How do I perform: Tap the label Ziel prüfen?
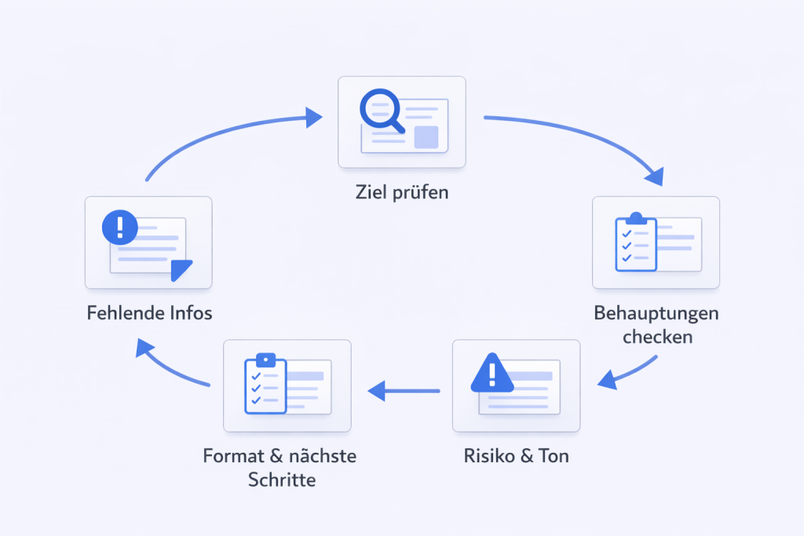pos(401,191)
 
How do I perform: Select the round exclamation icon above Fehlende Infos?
pos(120,228)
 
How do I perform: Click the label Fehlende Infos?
pos(148,313)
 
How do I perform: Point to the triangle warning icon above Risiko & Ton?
pos(492,373)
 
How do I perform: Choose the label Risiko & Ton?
pos(516,455)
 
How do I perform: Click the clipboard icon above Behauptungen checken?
pos(635,242)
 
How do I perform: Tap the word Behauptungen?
pos(656,314)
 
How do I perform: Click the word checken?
pos(656,337)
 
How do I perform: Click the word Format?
pos(235,456)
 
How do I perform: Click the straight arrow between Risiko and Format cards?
pos(404,389)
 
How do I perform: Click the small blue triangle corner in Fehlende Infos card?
pos(181,269)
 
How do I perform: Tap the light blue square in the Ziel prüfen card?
pos(426,137)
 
